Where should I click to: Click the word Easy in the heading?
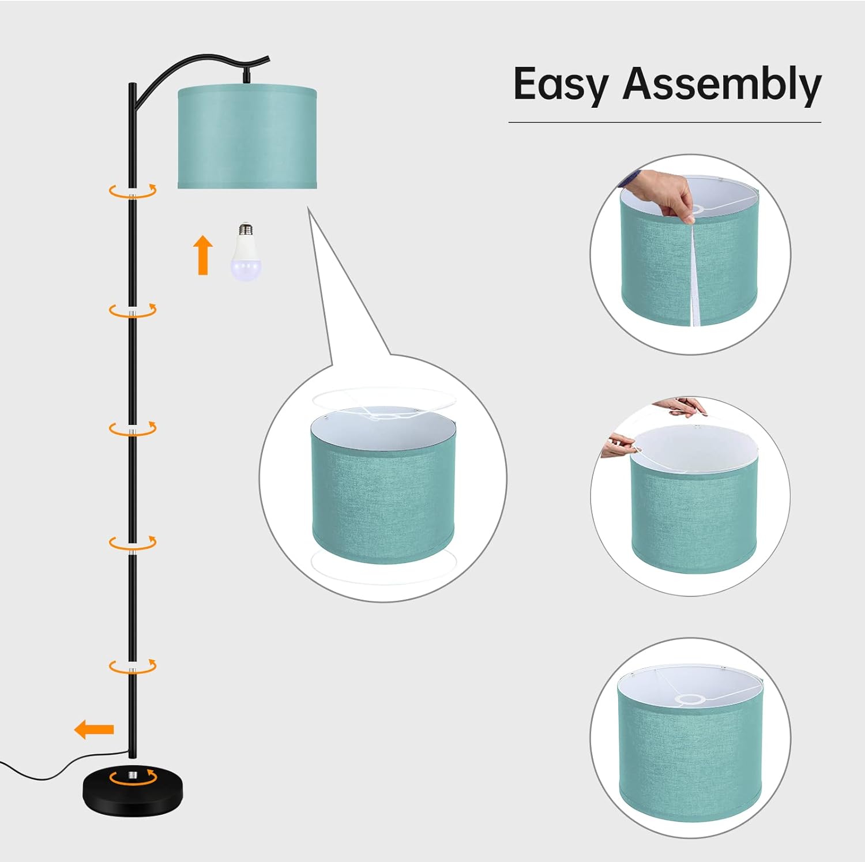tap(561, 85)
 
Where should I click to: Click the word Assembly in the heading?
tap(722, 85)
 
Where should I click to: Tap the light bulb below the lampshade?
tap(246, 251)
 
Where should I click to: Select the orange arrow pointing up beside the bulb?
tap(203, 254)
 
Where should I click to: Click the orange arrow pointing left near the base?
tap(94, 729)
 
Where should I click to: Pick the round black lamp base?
tap(133, 793)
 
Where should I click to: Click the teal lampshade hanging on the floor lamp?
tap(247, 137)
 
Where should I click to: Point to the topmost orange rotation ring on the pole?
tap(133, 191)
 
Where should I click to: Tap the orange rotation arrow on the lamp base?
tap(133, 777)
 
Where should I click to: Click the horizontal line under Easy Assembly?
tap(664, 122)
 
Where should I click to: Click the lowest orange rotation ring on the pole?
tap(133, 666)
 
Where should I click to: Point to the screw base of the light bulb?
tap(246, 229)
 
